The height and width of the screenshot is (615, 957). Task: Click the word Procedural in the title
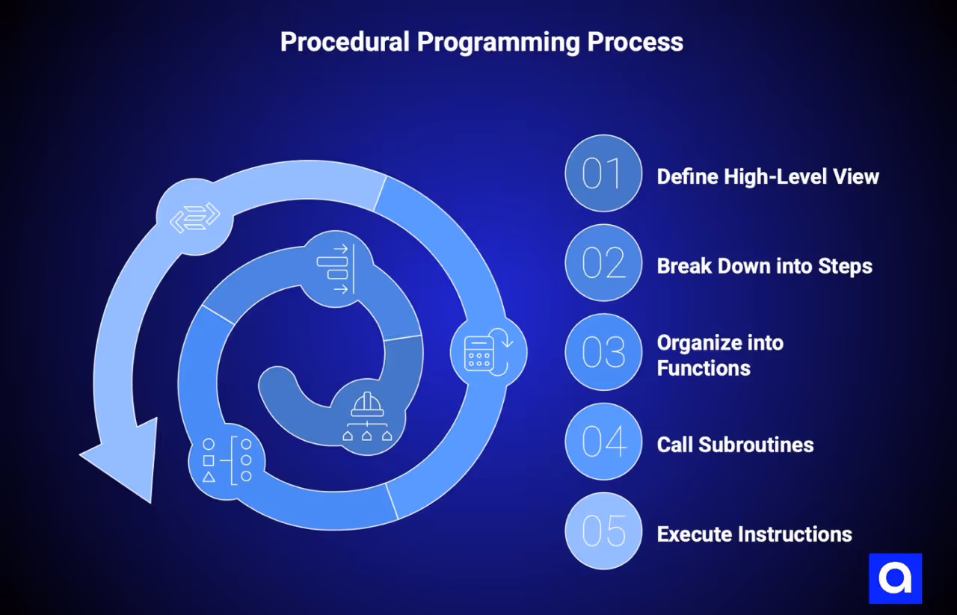(345, 42)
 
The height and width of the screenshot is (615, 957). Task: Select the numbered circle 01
(603, 173)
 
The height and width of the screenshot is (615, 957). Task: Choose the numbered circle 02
(603, 263)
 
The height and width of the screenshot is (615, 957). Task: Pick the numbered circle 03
(603, 352)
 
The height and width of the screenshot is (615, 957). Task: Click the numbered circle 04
(603, 442)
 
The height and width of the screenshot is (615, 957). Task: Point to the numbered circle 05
(603, 531)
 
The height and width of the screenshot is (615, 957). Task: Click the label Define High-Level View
(768, 176)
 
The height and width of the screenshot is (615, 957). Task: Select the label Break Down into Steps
(764, 266)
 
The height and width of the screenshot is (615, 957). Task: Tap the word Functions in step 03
(704, 368)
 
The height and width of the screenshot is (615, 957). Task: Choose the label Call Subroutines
(735, 445)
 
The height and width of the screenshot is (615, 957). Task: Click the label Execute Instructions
(754, 534)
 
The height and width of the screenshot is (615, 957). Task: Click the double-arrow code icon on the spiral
(194, 217)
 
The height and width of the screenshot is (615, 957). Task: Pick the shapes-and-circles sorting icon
(227, 461)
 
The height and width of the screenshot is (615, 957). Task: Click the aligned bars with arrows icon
(335, 269)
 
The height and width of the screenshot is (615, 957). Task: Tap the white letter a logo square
(895, 578)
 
